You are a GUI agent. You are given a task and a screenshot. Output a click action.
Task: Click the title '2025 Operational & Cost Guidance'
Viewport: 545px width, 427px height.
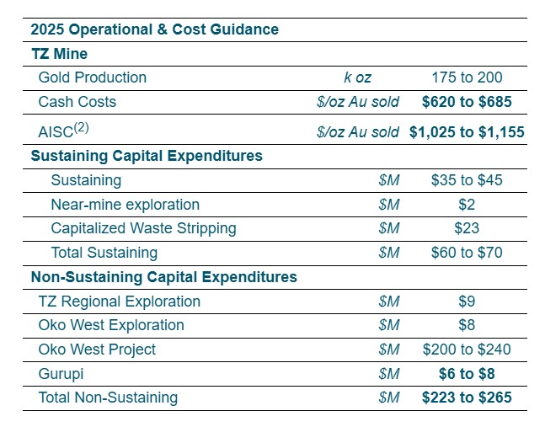pyautogui.click(x=154, y=29)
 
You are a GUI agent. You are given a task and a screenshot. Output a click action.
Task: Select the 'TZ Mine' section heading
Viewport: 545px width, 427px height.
pyautogui.click(x=59, y=54)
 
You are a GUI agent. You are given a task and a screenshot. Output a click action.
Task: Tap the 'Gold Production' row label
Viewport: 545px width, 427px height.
pyautogui.click(x=93, y=77)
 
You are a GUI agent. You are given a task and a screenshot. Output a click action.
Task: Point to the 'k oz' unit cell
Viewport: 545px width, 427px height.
pyautogui.click(x=357, y=77)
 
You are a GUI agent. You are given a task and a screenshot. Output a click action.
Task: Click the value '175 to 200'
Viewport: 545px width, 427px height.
pyautogui.click(x=467, y=77)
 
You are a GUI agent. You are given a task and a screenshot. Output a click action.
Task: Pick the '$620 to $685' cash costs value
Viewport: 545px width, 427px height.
pyautogui.click(x=467, y=102)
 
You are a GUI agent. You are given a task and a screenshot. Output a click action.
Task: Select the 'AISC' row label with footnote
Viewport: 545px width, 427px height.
pyautogui.click(x=64, y=131)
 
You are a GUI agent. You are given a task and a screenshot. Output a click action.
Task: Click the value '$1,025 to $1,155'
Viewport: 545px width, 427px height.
pyautogui.click(x=467, y=131)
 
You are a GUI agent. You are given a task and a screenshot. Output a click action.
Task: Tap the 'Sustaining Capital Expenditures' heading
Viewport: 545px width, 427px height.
pyautogui.click(x=147, y=156)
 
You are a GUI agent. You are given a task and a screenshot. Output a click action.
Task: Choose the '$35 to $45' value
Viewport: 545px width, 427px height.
pyautogui.click(x=467, y=180)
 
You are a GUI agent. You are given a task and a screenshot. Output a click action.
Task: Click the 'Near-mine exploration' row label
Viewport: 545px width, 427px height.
pyautogui.click(x=125, y=205)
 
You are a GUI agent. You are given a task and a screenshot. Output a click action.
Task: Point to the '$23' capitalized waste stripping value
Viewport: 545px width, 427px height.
pyautogui.click(x=467, y=228)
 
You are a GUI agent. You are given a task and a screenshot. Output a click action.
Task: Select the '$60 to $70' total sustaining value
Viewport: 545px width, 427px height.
pyautogui.click(x=467, y=253)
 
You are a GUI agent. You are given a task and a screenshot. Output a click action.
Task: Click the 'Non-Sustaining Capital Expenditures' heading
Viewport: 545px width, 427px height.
pyautogui.click(x=163, y=276)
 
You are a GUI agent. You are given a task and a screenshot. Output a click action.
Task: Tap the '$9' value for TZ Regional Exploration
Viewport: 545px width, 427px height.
pyautogui.click(x=467, y=301)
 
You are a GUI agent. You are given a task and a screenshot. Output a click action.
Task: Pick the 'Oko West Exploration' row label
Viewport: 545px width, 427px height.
pyautogui.click(x=111, y=325)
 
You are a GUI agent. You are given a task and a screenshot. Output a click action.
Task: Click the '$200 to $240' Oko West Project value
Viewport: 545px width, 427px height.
pyautogui.click(x=467, y=350)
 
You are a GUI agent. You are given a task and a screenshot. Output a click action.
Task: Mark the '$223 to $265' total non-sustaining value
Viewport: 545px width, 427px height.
pyautogui.click(x=467, y=398)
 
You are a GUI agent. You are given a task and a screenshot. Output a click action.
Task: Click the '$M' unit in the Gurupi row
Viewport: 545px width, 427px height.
pyautogui.click(x=388, y=373)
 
